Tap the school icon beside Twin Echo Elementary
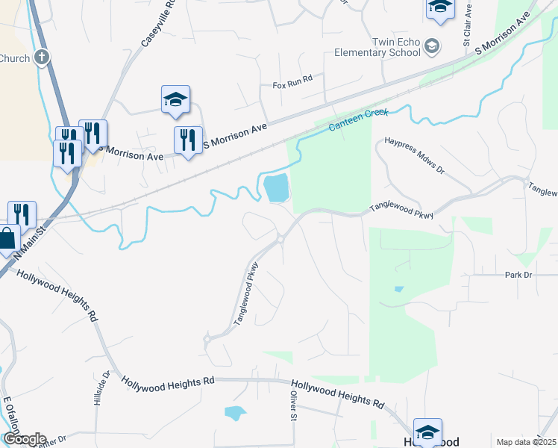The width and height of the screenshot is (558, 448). point(431,48)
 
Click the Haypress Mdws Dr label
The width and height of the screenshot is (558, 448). point(414,155)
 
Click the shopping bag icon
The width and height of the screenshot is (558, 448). point(7,240)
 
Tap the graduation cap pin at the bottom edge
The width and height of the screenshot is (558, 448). point(428,432)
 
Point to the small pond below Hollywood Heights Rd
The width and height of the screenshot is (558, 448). point(234,412)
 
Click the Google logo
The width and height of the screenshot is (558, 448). point(24,439)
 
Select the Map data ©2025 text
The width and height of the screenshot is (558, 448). point(527,442)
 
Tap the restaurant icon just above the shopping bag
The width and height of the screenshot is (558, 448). point(22,214)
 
